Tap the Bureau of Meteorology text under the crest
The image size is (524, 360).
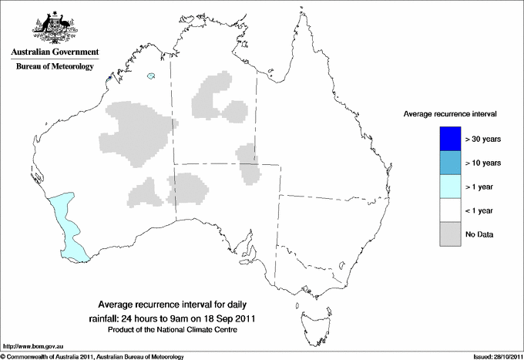pos(54,67)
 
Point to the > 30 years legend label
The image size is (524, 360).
pos(483,140)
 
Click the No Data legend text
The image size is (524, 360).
pos(479,234)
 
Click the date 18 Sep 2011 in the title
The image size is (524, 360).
pos(227,318)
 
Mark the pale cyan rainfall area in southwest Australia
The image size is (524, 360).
pos(68,227)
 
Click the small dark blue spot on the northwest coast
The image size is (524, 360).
pos(110,78)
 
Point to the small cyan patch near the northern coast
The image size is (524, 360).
pos(153,76)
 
